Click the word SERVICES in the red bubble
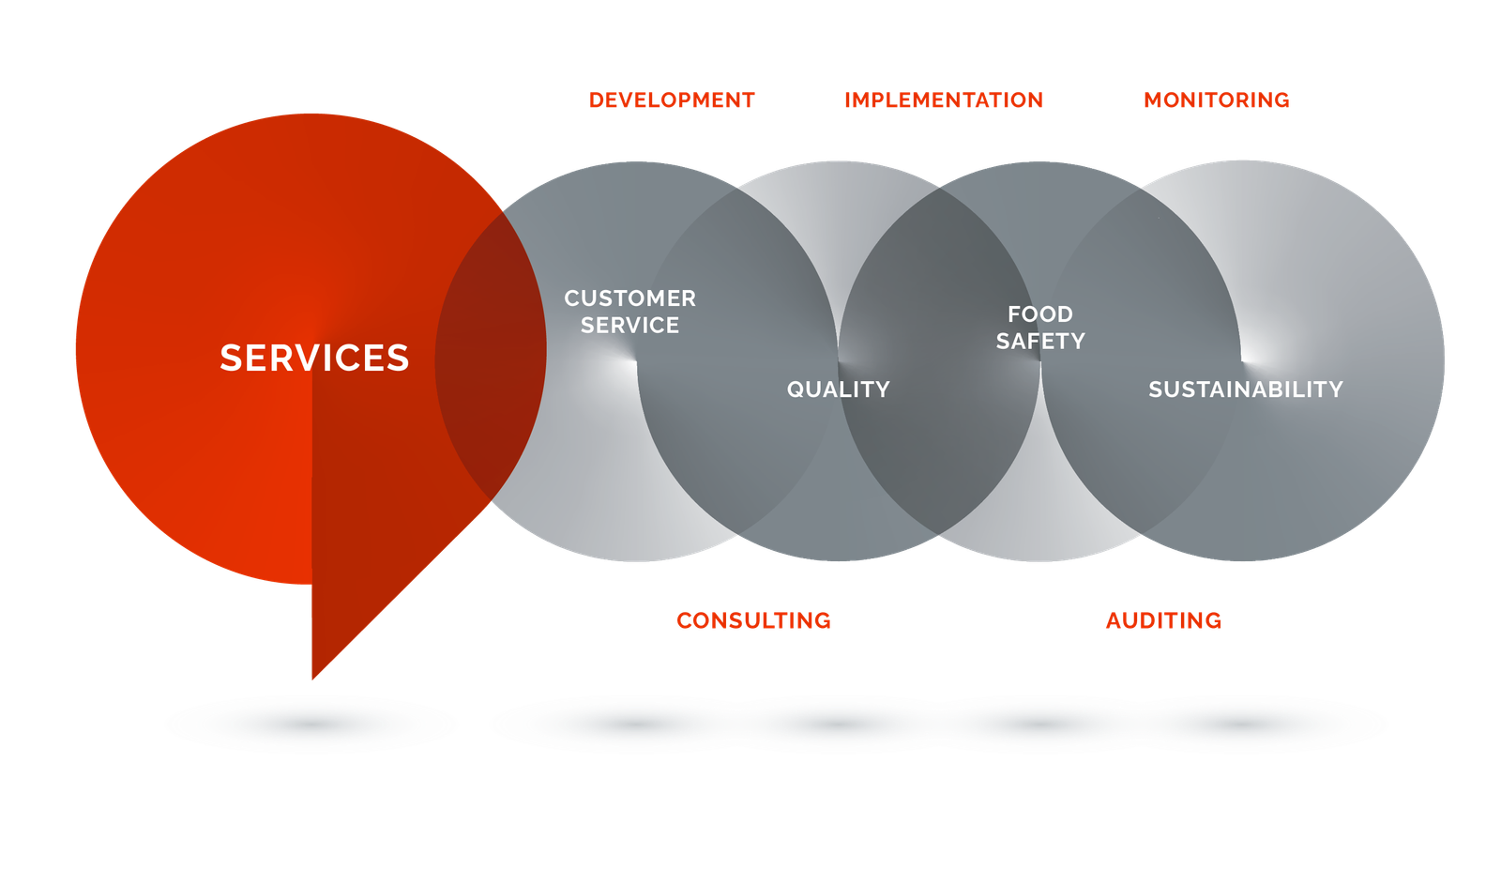pyautogui.click(x=314, y=358)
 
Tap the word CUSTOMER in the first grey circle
pyautogui.click(x=629, y=298)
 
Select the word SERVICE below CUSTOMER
pyautogui.click(x=629, y=326)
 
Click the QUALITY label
pyautogui.click(x=838, y=389)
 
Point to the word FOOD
pyautogui.click(x=1039, y=314)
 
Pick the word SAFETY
pyautogui.click(x=1039, y=342)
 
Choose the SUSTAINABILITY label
pyautogui.click(x=1245, y=389)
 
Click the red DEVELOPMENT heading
pyautogui.click(x=672, y=100)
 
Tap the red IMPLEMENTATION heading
pyautogui.click(x=943, y=100)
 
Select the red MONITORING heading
pyautogui.click(x=1216, y=100)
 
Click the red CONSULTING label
pyautogui.click(x=753, y=620)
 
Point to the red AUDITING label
pyautogui.click(x=1163, y=620)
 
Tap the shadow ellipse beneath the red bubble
pyautogui.click(x=311, y=725)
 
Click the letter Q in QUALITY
pyautogui.click(x=794, y=389)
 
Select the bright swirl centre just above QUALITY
pyautogui.click(x=841, y=361)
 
